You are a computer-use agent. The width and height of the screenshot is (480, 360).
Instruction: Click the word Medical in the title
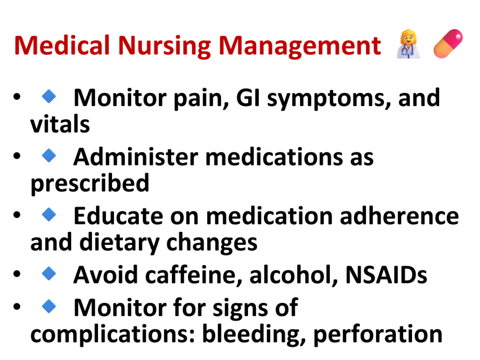(x=62, y=45)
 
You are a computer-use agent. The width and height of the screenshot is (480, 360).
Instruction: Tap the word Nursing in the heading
(x=165, y=46)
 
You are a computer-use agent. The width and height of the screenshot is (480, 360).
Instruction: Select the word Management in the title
(x=300, y=46)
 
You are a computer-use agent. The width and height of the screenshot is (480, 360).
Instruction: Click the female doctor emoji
(x=408, y=44)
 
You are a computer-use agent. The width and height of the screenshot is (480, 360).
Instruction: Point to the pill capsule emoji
(x=448, y=44)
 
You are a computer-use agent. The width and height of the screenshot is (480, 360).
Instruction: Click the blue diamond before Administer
(x=49, y=156)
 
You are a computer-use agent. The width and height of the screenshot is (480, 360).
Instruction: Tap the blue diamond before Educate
(x=49, y=214)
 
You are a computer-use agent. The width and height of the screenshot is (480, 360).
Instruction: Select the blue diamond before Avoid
(x=49, y=273)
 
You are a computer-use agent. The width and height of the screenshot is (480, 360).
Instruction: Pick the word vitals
(x=60, y=124)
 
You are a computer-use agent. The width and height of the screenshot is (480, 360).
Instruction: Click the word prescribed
(x=90, y=184)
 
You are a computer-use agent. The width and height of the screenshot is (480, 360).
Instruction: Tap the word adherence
(x=399, y=216)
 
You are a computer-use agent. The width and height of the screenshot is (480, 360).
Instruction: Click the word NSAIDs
(x=386, y=275)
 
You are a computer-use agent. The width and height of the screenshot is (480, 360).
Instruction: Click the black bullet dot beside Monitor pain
(x=17, y=97)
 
